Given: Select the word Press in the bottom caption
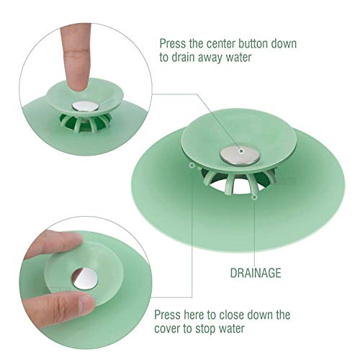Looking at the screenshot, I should point(169,314).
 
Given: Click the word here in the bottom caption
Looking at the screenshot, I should point(202,314).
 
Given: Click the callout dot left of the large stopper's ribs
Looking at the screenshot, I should point(190,165).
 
